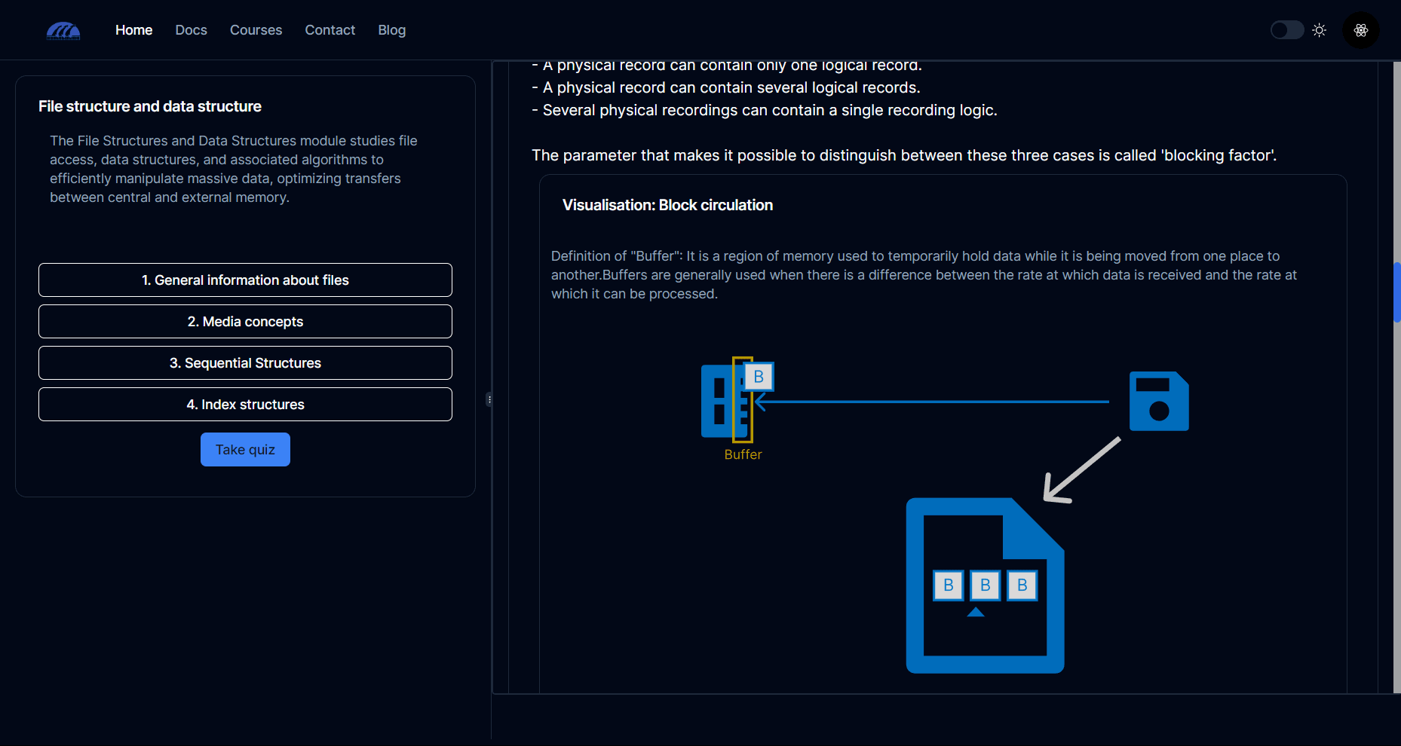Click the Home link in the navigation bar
[133, 30]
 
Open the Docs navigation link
[191, 30]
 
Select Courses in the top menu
[256, 30]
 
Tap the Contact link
[330, 30]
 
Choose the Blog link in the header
[391, 30]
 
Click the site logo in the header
[63, 31]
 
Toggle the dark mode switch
[1286, 30]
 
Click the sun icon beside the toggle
[1319, 30]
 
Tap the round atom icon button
[1360, 30]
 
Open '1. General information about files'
[245, 280]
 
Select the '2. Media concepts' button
[245, 322]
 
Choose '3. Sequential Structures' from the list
[245, 363]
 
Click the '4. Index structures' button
[245, 405]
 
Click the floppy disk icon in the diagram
[1159, 401]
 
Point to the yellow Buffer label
[743, 454]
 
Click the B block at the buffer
[759, 377]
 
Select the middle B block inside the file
[985, 585]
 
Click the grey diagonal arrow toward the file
[1082, 469]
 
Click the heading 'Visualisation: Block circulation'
[667, 205]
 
